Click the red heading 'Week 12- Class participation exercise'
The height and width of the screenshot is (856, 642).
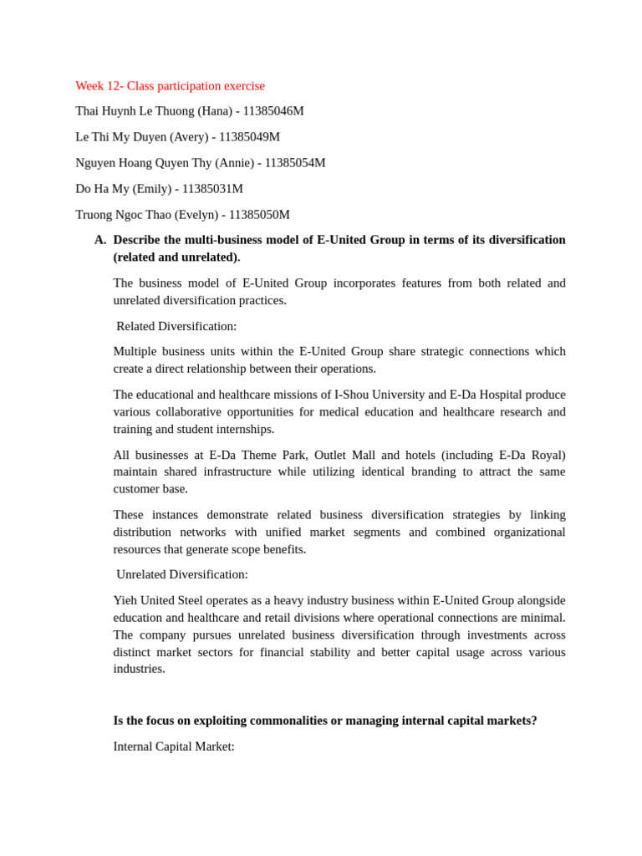(x=170, y=85)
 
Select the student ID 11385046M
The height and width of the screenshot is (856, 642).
(x=273, y=110)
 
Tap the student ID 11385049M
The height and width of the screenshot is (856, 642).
(x=249, y=136)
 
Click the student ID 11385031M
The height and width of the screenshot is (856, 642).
(x=212, y=188)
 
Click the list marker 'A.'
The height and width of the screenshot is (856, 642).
(x=100, y=240)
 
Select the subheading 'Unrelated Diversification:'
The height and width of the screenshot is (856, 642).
(x=182, y=574)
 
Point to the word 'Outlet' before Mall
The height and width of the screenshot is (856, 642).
(x=334, y=455)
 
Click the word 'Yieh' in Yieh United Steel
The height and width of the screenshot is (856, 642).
(x=125, y=600)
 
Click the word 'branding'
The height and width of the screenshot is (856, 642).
(x=436, y=471)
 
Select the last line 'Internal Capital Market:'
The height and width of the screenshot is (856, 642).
(x=174, y=746)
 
